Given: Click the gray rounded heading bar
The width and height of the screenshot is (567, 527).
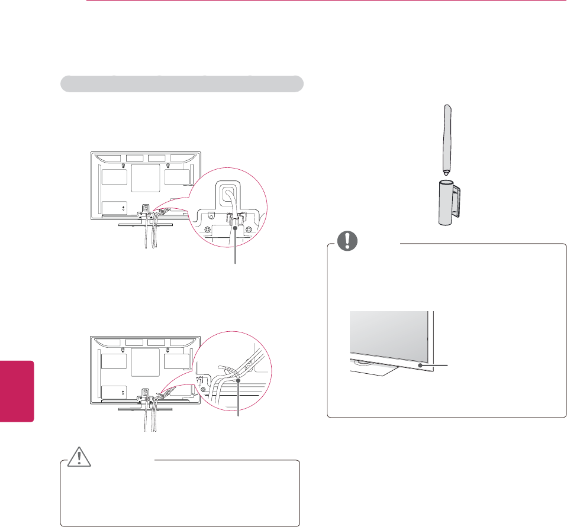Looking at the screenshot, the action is [182, 83].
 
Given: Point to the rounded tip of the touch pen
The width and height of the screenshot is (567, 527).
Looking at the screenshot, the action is [446, 172].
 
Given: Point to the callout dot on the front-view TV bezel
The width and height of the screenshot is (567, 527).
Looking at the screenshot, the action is [420, 367].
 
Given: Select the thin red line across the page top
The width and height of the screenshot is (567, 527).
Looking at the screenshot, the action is [326, 1].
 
